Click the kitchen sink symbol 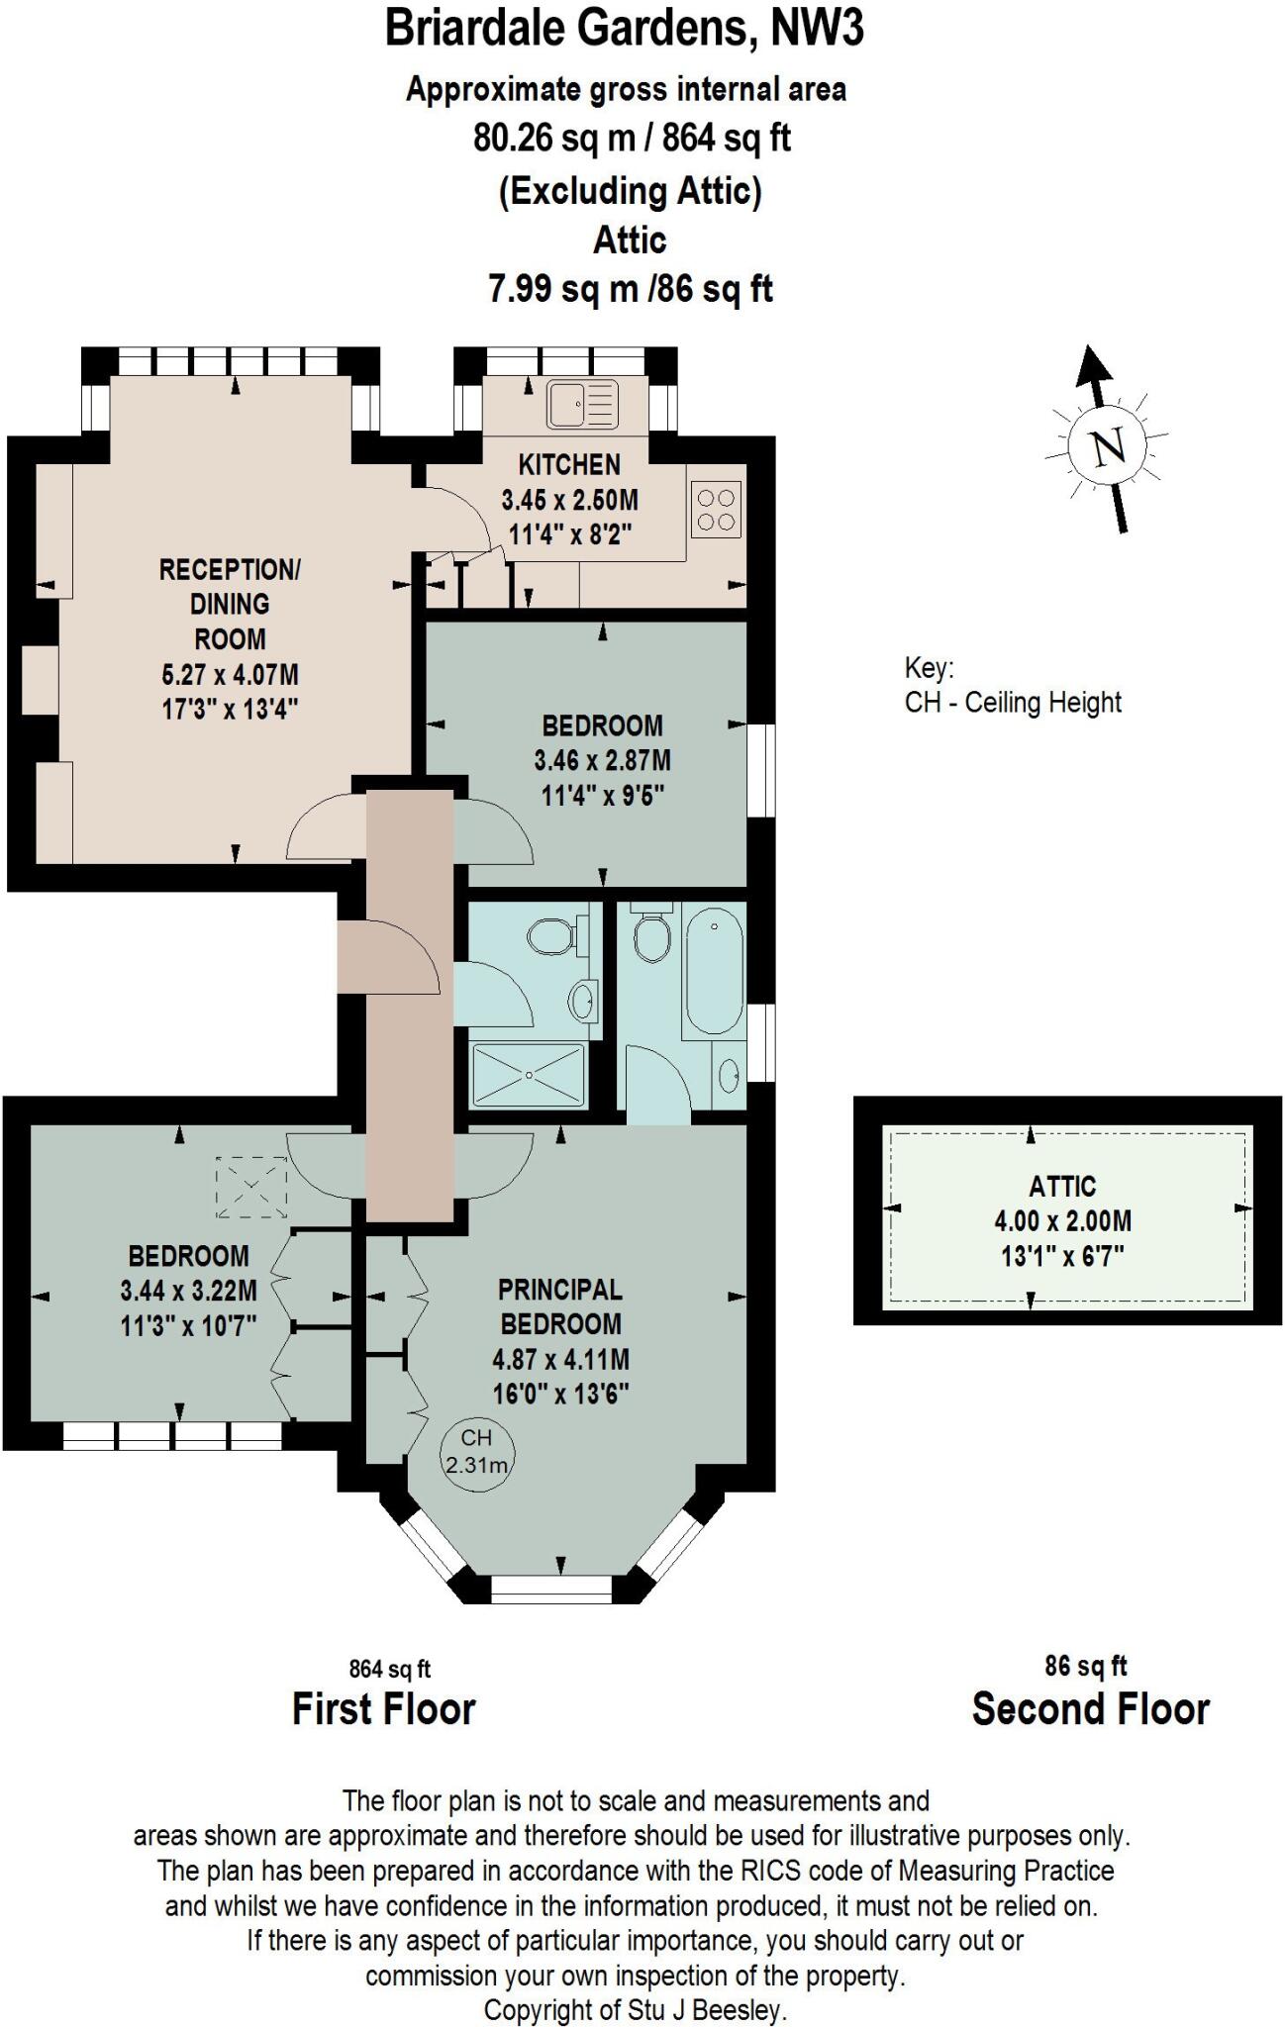583,404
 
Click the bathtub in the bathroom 713,975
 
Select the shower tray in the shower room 529,1075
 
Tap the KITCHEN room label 569,464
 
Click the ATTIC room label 1062,1186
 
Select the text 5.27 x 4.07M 230,675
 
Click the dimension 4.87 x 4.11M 560,1359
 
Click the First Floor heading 383,1708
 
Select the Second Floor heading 1090,1708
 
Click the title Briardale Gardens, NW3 624,29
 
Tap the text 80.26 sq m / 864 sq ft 632,139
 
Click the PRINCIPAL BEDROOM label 560,1306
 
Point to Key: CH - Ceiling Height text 1012,685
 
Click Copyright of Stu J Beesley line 635,2010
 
